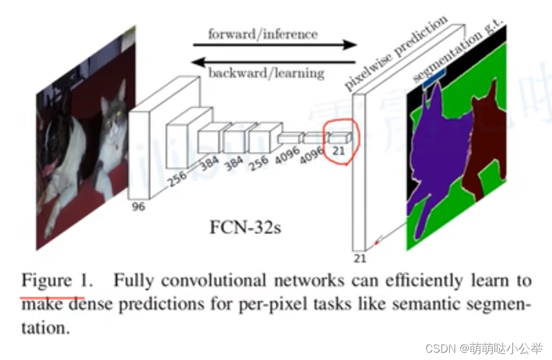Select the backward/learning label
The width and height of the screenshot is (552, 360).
[266, 73]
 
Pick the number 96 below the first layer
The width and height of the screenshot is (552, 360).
[139, 206]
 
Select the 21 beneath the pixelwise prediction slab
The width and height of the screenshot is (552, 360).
[360, 258]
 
